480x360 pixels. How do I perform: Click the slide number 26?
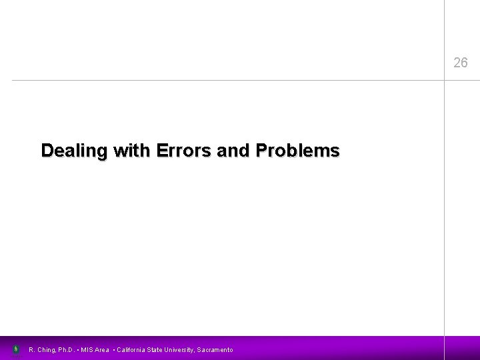[460, 63]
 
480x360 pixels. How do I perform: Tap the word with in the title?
[133, 151]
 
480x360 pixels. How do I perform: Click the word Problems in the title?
[295, 151]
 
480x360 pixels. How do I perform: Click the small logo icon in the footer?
[16, 349]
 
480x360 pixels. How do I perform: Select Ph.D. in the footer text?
[67, 350]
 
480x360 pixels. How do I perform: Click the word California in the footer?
[134, 350]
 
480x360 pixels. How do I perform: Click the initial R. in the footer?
[32, 350]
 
